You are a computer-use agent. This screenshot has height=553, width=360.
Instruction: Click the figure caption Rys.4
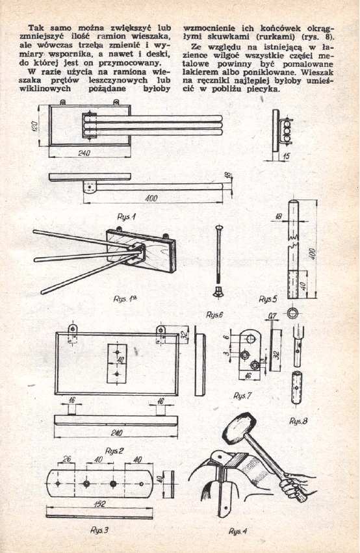pos(238,531)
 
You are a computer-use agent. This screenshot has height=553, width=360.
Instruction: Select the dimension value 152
pos(99,504)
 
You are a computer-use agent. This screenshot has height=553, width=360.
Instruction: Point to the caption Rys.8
pos(298,420)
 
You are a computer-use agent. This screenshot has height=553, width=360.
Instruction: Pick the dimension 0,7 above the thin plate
pos(272,316)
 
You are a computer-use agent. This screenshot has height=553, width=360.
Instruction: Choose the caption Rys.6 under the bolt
pos(214,315)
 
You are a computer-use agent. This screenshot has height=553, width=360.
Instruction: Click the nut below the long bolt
pos(217,291)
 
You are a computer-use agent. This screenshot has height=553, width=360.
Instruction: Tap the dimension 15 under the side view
pos(287,155)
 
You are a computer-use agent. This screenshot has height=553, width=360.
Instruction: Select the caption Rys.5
pos(268,299)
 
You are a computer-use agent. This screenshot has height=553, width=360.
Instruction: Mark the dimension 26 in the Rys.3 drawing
pos(67,459)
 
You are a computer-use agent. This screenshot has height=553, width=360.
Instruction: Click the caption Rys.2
pos(114,450)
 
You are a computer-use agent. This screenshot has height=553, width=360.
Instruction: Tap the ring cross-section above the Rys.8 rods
pos(292,312)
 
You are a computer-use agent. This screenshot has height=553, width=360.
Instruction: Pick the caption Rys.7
pos(242,396)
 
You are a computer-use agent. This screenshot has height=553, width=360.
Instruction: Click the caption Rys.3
pos(99,530)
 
